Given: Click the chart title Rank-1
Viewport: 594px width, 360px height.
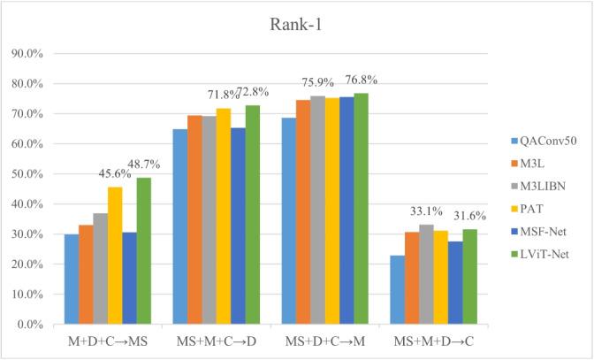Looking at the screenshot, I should point(297,23).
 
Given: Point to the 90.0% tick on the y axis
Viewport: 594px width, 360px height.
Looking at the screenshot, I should point(32,54).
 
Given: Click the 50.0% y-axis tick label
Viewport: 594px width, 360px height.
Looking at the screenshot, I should point(32,174).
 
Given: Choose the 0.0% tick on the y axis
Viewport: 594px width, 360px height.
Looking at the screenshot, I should point(35,325).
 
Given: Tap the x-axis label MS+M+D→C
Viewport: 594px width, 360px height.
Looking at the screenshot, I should point(427,341).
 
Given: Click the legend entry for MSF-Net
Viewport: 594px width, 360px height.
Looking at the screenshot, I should point(539,231).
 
